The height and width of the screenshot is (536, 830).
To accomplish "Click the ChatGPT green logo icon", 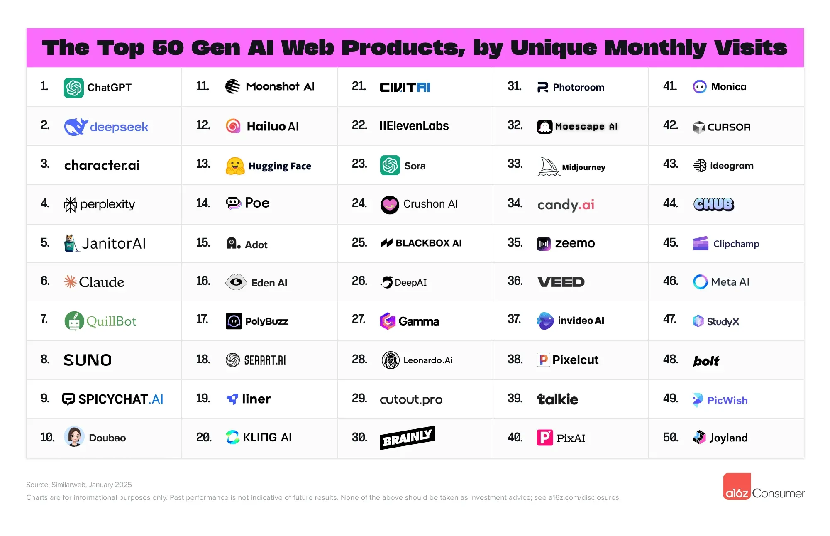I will tap(74, 88).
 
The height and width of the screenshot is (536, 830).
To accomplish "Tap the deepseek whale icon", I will tap(76, 127).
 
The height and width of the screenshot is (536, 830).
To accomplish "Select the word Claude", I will tap(101, 282).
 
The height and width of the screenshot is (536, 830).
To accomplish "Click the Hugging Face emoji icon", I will tap(235, 166).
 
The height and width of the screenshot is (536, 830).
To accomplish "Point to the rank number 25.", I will tap(359, 243).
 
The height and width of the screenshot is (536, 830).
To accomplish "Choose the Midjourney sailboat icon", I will tap(549, 166).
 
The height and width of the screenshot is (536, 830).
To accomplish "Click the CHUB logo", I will tap(714, 204).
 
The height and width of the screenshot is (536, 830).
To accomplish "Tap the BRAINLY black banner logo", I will tap(407, 438).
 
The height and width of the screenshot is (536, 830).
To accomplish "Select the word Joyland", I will tap(729, 438).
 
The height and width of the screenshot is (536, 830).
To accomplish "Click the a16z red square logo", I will tap(737, 486).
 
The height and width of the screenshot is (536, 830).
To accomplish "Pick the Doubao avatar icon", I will tap(74, 437).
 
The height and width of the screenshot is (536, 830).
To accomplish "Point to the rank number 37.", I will tap(514, 319).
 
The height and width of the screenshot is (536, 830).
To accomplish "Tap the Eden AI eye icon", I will tap(236, 282).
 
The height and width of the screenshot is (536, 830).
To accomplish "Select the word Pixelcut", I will tap(575, 360).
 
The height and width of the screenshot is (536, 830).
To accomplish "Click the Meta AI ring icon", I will tap(700, 282).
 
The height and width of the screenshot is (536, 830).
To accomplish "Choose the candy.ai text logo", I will tap(566, 204).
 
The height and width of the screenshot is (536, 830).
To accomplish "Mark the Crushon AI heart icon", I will tap(390, 204).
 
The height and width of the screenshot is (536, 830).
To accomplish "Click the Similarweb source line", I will tap(79, 485).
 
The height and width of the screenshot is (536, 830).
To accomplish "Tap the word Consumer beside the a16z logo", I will tap(778, 493).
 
